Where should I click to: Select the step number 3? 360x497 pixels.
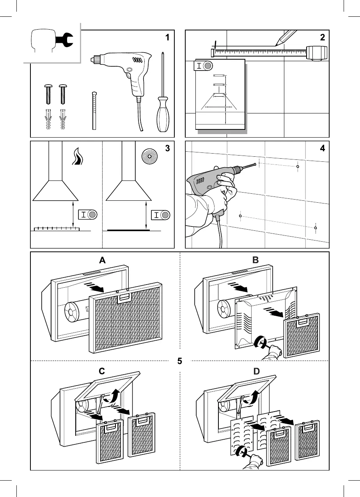point(167,149)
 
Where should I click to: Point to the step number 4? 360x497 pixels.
point(322,149)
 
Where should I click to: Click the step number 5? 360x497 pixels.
point(179,361)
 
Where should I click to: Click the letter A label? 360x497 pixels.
point(102,261)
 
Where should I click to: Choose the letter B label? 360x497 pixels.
point(255,261)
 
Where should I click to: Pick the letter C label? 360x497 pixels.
point(102,371)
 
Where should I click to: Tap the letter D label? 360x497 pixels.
point(256,371)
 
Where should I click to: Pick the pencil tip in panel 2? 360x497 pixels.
point(277,45)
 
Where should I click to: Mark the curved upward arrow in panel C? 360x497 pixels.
point(116,396)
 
